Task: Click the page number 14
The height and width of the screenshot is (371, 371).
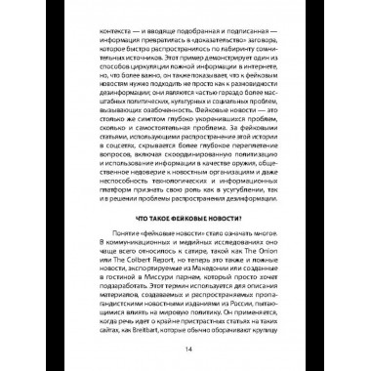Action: coord(185,347)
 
